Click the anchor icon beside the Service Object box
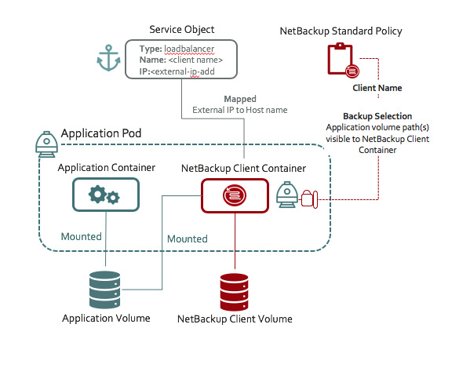[x=107, y=60]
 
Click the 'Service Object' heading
[x=181, y=30]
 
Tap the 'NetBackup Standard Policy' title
[x=341, y=31]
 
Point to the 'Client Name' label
[x=377, y=89]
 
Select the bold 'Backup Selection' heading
[x=377, y=116]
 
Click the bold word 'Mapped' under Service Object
[x=240, y=100]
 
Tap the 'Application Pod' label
[x=101, y=134]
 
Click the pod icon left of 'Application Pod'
[x=46, y=140]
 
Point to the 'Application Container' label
[x=107, y=168]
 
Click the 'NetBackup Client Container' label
[x=243, y=168]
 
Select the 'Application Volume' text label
[x=106, y=318]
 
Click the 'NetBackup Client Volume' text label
[x=235, y=319]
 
